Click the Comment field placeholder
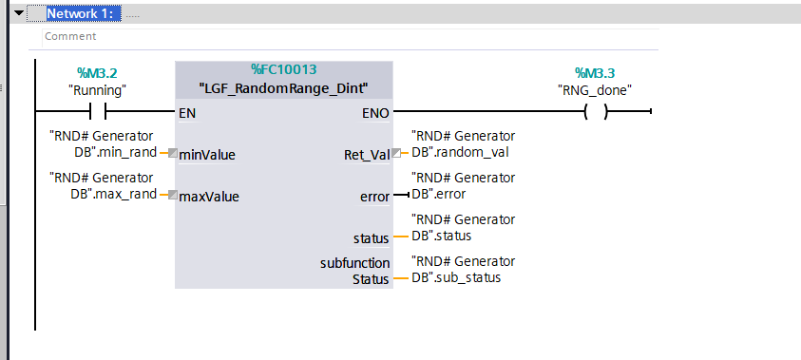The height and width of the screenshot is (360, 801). coord(69,36)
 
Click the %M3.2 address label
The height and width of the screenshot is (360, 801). coord(97,73)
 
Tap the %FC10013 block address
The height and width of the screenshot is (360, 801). coord(283,69)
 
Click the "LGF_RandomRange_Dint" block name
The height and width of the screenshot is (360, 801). coord(283,88)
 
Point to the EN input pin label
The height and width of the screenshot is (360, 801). coord(188,112)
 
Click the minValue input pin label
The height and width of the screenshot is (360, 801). coord(207,155)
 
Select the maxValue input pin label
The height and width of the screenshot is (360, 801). coord(208,198)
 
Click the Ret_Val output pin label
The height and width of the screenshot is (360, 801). coord(366,155)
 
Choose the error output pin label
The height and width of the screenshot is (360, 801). coord(374,198)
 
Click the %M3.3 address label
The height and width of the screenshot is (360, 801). coord(595,73)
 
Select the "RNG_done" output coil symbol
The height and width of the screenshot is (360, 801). coord(595,112)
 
